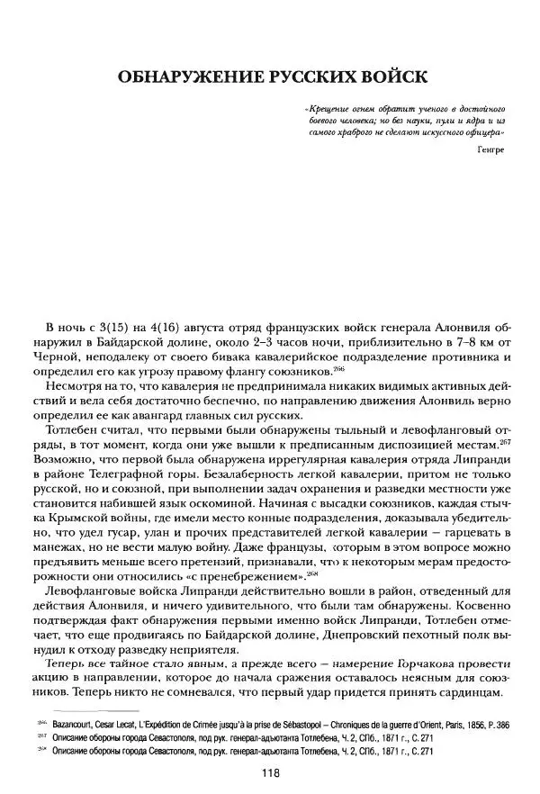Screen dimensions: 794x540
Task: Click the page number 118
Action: tap(272, 771)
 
